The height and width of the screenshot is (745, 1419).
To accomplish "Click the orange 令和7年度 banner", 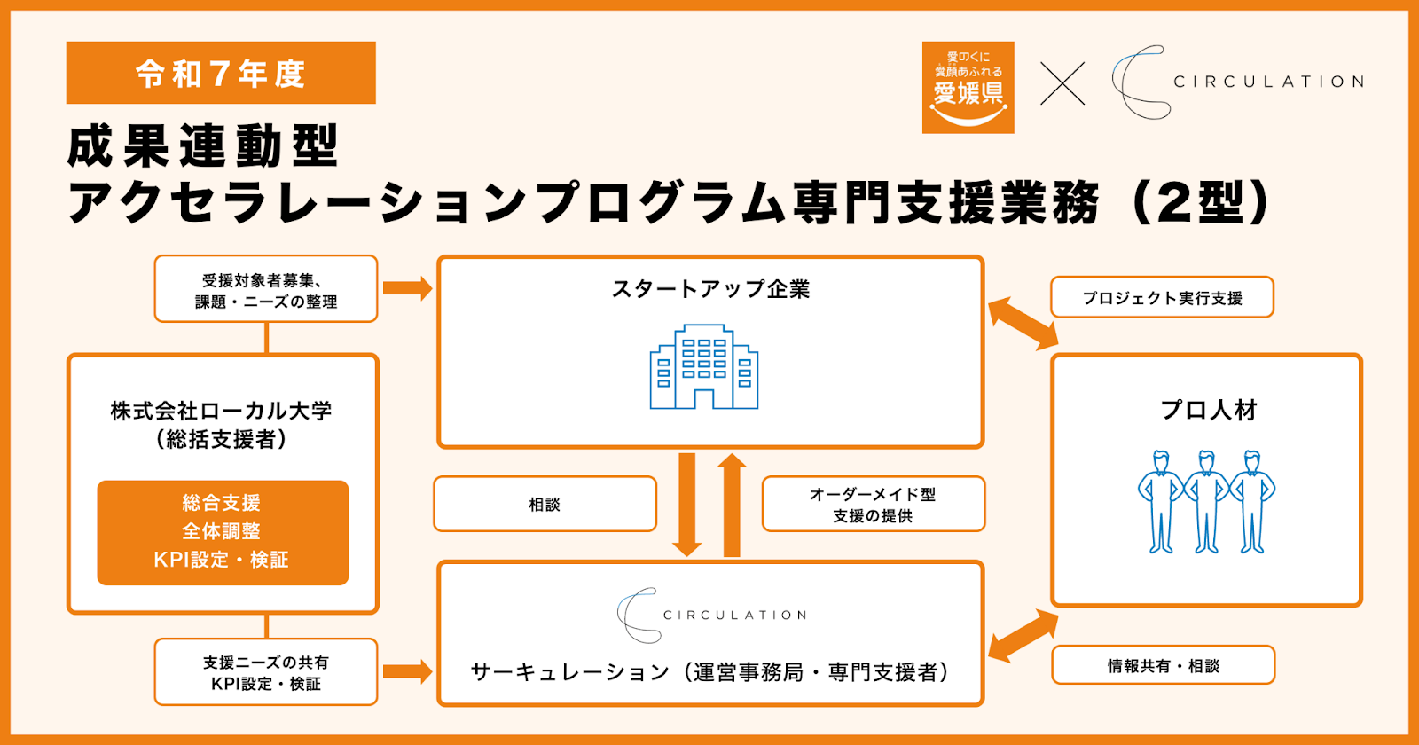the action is [221, 73].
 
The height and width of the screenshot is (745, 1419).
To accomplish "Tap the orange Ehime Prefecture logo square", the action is [968, 88].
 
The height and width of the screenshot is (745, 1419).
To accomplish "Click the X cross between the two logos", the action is [1062, 83].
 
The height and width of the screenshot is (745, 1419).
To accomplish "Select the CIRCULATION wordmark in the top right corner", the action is [1269, 82].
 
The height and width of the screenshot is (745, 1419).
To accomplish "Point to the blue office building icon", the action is [704, 367].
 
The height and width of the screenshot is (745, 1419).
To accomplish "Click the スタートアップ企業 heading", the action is [710, 289].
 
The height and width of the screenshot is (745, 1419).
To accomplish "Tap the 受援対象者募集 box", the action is [266, 289].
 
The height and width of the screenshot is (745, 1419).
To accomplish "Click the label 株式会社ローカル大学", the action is [221, 412].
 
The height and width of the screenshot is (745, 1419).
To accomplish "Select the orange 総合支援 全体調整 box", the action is [223, 532].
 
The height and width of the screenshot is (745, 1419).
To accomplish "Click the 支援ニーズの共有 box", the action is [266, 672].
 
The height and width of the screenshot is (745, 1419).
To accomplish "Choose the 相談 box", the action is [545, 505].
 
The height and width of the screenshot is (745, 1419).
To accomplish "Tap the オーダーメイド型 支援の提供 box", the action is [873, 505].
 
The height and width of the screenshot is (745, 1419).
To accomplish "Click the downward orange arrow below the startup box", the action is [686, 505].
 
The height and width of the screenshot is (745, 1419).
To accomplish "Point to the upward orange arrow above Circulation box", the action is [732, 505].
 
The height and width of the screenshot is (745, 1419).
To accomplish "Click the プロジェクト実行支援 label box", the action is [1162, 297].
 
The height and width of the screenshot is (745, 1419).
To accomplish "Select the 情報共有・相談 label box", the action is [1163, 665].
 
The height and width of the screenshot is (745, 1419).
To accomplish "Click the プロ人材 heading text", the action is [1208, 411].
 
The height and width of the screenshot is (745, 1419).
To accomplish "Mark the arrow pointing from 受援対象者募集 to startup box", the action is [408, 289].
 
